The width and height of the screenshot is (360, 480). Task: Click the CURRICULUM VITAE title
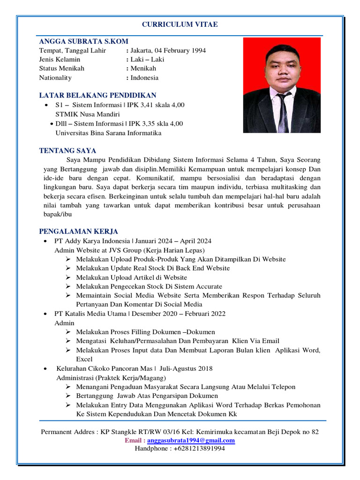pos(180,24)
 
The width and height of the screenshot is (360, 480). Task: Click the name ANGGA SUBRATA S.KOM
pos(84,41)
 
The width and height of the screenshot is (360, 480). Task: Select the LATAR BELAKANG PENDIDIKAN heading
pos(97,95)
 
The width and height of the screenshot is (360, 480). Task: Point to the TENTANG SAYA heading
pos(67,150)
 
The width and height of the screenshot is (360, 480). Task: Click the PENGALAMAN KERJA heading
pos(79,231)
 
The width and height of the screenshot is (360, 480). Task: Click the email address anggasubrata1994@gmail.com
pos(191,441)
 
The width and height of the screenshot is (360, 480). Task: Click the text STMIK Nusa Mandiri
pos(88,114)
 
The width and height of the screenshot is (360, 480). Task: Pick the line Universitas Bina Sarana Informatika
pos(108,133)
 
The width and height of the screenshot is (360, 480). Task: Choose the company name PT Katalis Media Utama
pos(90,314)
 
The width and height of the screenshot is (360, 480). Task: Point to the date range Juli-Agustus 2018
pos(186,368)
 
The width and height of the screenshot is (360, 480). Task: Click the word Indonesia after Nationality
pos(144,78)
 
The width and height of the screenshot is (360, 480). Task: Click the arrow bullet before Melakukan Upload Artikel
pos(68,277)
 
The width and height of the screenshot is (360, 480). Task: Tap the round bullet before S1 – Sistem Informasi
pos(45,105)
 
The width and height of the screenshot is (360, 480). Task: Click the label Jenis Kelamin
pos(60,60)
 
